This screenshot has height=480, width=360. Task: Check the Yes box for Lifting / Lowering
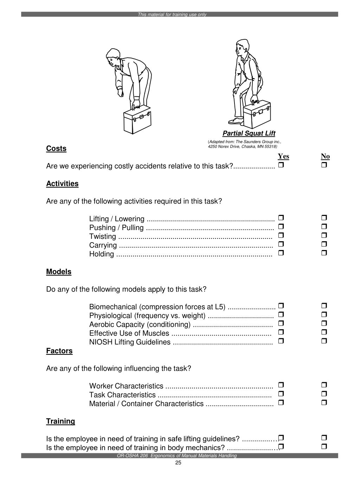(x=281, y=218)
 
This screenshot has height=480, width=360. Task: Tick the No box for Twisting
(x=324, y=235)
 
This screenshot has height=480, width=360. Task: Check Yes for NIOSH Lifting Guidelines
(x=281, y=341)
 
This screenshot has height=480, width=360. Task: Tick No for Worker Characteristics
(x=324, y=385)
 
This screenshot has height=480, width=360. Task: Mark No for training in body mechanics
(x=324, y=447)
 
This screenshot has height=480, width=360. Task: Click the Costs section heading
(x=56, y=148)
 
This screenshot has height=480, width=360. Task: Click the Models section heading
(x=59, y=272)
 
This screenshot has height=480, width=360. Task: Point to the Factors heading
(x=59, y=351)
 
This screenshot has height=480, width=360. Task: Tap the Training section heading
(x=60, y=421)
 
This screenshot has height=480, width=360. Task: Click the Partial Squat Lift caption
(x=249, y=133)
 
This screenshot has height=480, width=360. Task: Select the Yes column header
(x=283, y=156)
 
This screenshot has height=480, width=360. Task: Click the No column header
(x=325, y=156)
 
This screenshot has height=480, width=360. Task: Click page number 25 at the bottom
(x=178, y=463)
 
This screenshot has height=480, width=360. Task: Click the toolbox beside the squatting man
(x=257, y=114)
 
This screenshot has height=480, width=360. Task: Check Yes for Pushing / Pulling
(x=281, y=226)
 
